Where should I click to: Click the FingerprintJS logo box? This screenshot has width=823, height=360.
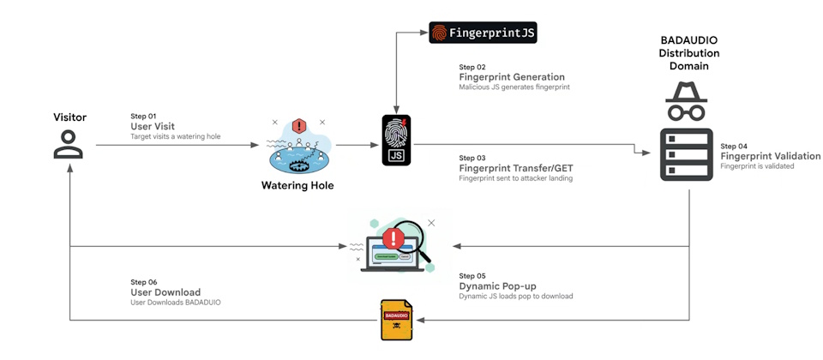pos(483,33)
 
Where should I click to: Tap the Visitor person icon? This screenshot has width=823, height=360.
pos(69,144)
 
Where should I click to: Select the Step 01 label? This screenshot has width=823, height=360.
pos(143,116)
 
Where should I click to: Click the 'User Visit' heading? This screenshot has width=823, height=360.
pos(151,126)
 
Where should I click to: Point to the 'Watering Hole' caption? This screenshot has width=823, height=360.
pos(297,185)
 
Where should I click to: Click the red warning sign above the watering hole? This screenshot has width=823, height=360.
pos(298,126)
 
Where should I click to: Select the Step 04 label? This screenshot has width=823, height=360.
pos(733,146)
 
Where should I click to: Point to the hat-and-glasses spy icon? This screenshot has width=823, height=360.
pos(688,101)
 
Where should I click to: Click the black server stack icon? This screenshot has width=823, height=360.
pos(688,154)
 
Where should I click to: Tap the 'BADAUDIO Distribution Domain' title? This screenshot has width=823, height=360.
pos(688,53)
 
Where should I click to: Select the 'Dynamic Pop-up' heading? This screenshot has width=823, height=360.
pos(499,285)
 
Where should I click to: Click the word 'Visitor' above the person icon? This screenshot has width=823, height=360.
pos(69,117)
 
